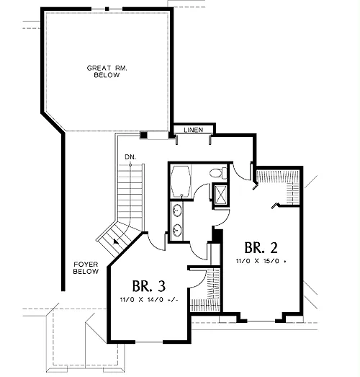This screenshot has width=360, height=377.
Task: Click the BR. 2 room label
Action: pyautogui.click(x=261, y=248)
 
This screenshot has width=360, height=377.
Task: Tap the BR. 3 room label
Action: pyautogui.click(x=149, y=286)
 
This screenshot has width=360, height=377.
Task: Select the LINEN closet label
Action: pyautogui.click(x=194, y=130)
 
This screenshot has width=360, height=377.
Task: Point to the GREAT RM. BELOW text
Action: pyautogui.click(x=107, y=71)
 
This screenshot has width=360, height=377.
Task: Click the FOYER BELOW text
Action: pyautogui.click(x=86, y=268)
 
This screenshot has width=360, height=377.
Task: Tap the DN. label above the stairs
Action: pyautogui.click(x=130, y=157)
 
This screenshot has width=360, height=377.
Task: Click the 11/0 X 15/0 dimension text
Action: pyautogui.click(x=261, y=261)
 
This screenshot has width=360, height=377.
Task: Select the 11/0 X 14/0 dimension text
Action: pyautogui.click(x=149, y=300)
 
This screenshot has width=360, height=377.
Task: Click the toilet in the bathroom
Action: pyautogui.click(x=218, y=172)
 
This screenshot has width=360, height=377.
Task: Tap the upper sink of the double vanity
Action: pyautogui.click(x=177, y=210)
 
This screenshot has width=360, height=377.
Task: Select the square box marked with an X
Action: pyautogui.click(x=220, y=195)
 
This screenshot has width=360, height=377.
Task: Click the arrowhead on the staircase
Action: pyautogui.click(x=116, y=241)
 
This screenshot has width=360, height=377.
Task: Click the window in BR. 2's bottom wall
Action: pyautogui.click(x=261, y=321)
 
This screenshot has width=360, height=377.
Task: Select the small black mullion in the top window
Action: pyautogui.click(x=107, y=9)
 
